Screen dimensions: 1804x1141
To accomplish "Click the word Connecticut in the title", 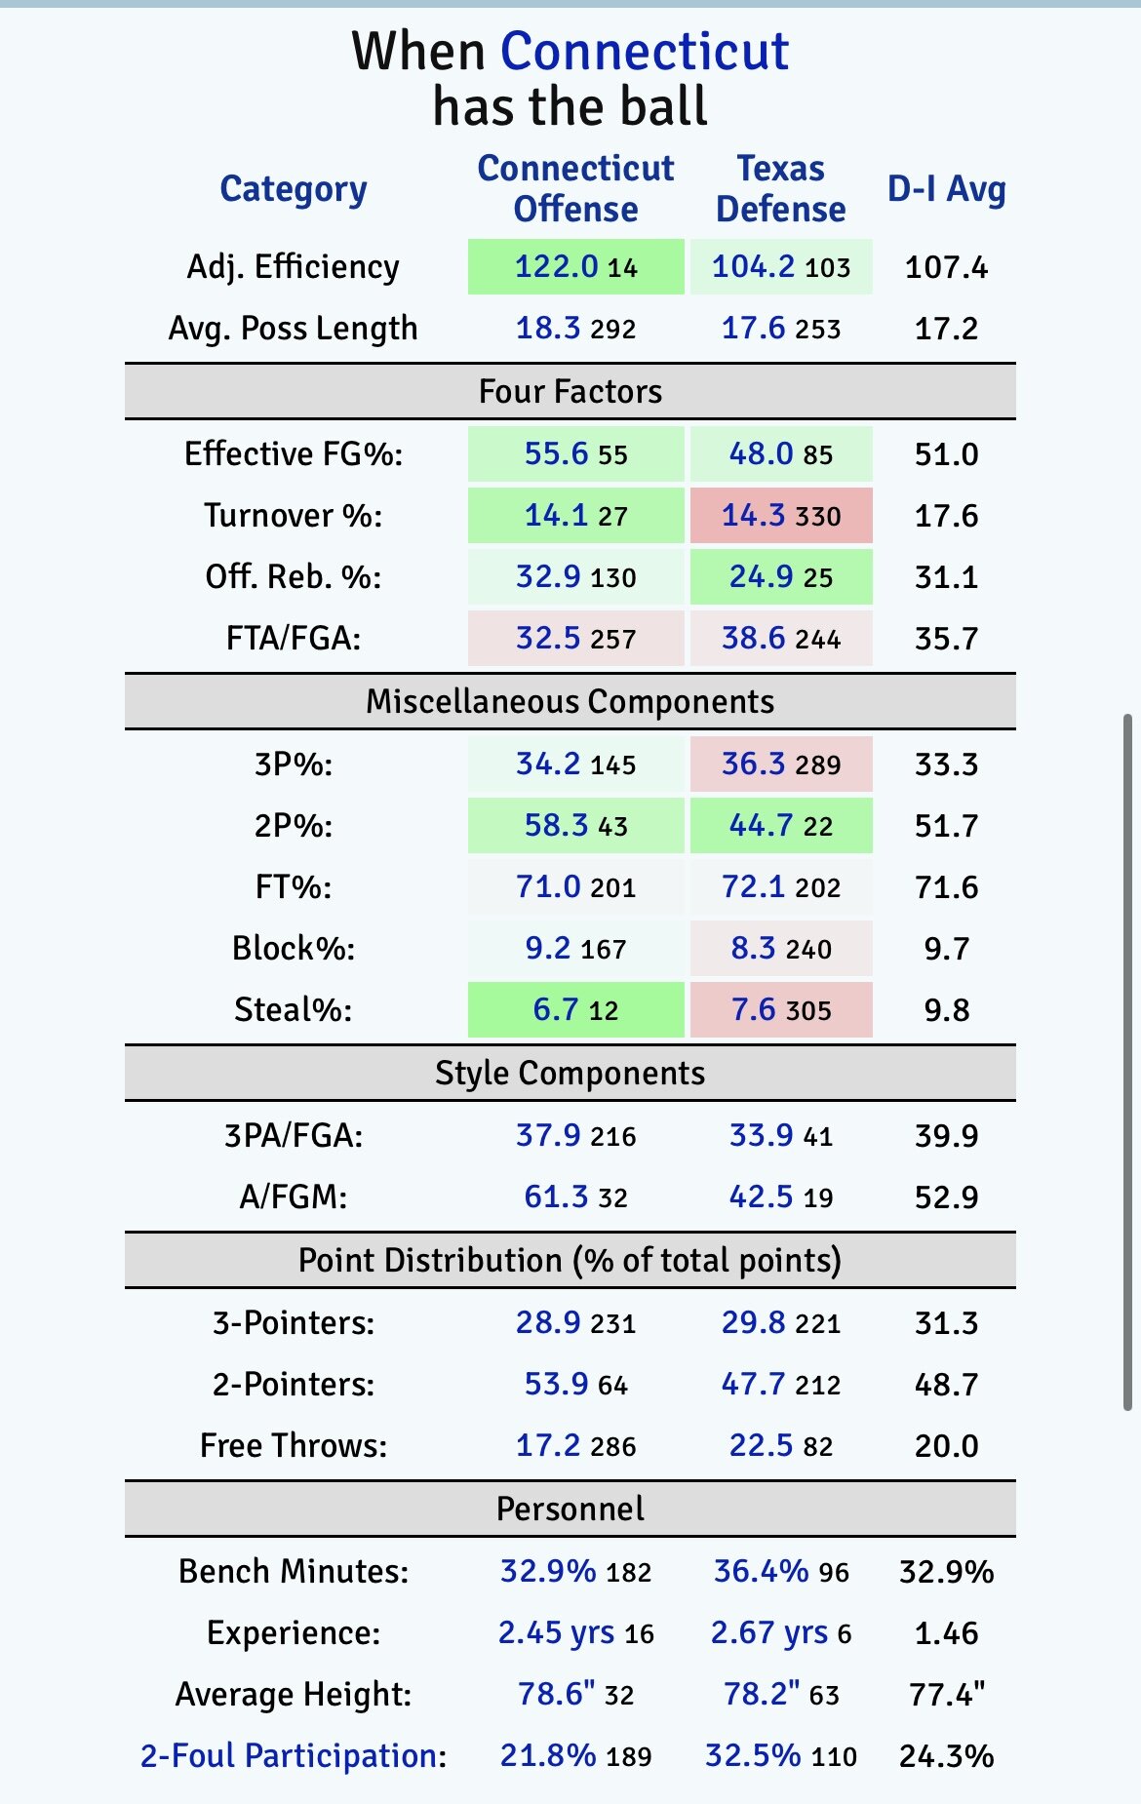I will click(x=644, y=51).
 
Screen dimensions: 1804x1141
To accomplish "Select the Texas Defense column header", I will click(x=780, y=189).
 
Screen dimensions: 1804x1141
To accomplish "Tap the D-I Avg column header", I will click(x=946, y=189).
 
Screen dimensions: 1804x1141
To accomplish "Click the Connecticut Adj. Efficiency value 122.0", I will click(x=556, y=266).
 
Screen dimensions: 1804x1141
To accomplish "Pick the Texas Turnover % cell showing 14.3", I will click(x=753, y=515).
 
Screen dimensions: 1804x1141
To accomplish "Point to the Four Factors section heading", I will click(x=570, y=391).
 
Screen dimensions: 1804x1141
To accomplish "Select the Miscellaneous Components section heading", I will click(x=570, y=701).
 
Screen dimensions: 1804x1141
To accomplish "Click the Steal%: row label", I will click(x=293, y=1009).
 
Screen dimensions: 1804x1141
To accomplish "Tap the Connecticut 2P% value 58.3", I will click(x=556, y=825).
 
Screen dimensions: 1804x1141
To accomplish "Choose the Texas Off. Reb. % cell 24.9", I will click(x=761, y=576).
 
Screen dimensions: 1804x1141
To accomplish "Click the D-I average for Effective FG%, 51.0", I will click(x=946, y=453).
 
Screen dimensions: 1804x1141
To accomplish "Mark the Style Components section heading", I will click(x=570, y=1073).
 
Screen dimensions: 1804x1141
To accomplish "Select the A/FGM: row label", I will click(x=293, y=1196).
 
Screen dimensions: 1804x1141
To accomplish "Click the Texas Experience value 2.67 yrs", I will click(x=768, y=1632).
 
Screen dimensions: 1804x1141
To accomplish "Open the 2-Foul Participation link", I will click(x=293, y=1755).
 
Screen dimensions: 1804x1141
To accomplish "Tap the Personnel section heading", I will click(x=570, y=1509).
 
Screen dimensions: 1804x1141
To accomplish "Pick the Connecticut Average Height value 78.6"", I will click(x=556, y=1694).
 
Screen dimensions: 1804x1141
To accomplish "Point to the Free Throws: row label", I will click(x=293, y=1445).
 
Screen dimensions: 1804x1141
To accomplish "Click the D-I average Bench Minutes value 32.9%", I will click(x=946, y=1571).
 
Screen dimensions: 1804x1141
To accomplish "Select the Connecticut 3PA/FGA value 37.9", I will click(x=548, y=1135).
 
